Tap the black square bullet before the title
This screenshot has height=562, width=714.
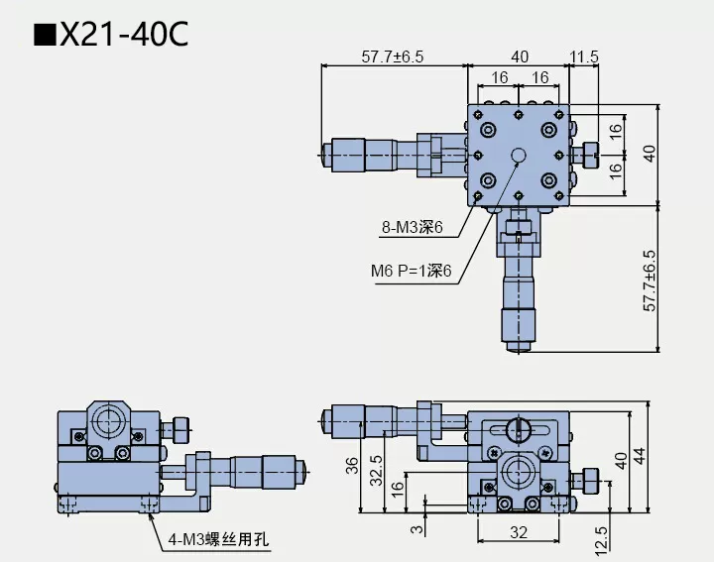click(x=45, y=36)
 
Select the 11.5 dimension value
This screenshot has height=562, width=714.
click(x=584, y=57)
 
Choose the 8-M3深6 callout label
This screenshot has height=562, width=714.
click(x=411, y=229)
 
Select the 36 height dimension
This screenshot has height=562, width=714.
click(x=352, y=466)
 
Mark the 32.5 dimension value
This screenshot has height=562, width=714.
click(x=376, y=474)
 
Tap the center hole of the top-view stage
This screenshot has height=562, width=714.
click(x=519, y=154)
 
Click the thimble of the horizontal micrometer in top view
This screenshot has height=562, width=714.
click(x=349, y=153)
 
